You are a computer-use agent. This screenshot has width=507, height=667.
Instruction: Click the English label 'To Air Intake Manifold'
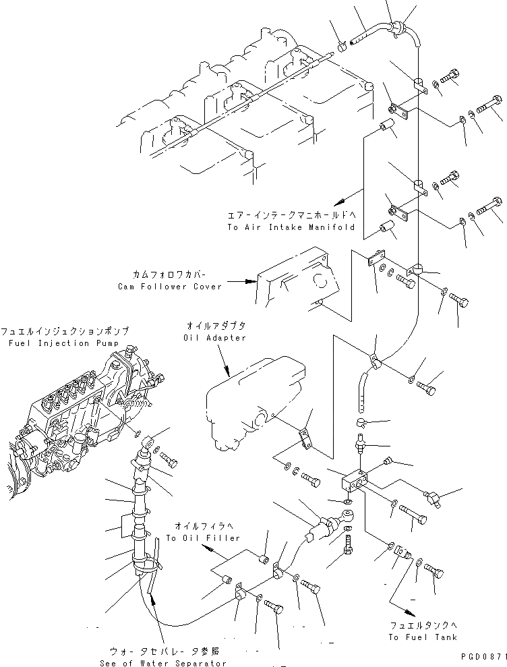point(291,227)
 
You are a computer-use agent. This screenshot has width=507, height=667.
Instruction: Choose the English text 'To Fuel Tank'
point(423,637)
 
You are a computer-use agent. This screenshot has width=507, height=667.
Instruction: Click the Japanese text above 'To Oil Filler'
point(195,526)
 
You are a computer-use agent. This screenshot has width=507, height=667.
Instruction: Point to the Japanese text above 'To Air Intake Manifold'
point(291,216)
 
